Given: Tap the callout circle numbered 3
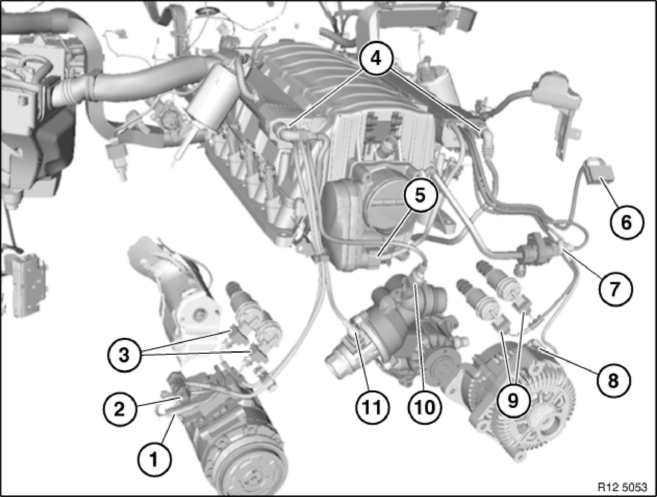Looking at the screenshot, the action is click(124, 356).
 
